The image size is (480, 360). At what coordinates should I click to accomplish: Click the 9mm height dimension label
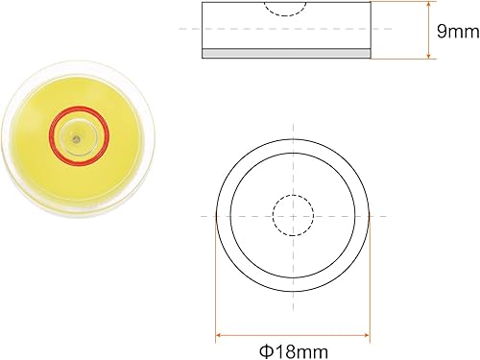click(455, 32)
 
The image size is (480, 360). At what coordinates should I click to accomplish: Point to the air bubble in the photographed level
click(76, 138)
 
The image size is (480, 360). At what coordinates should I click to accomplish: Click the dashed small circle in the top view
click(293, 214)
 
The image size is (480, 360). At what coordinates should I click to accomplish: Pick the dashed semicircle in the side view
click(286, 11)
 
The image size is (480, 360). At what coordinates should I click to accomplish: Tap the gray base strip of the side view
click(285, 54)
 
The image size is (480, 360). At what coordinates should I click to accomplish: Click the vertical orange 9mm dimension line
click(425, 32)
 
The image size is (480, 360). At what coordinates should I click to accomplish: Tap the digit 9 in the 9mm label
click(442, 32)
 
